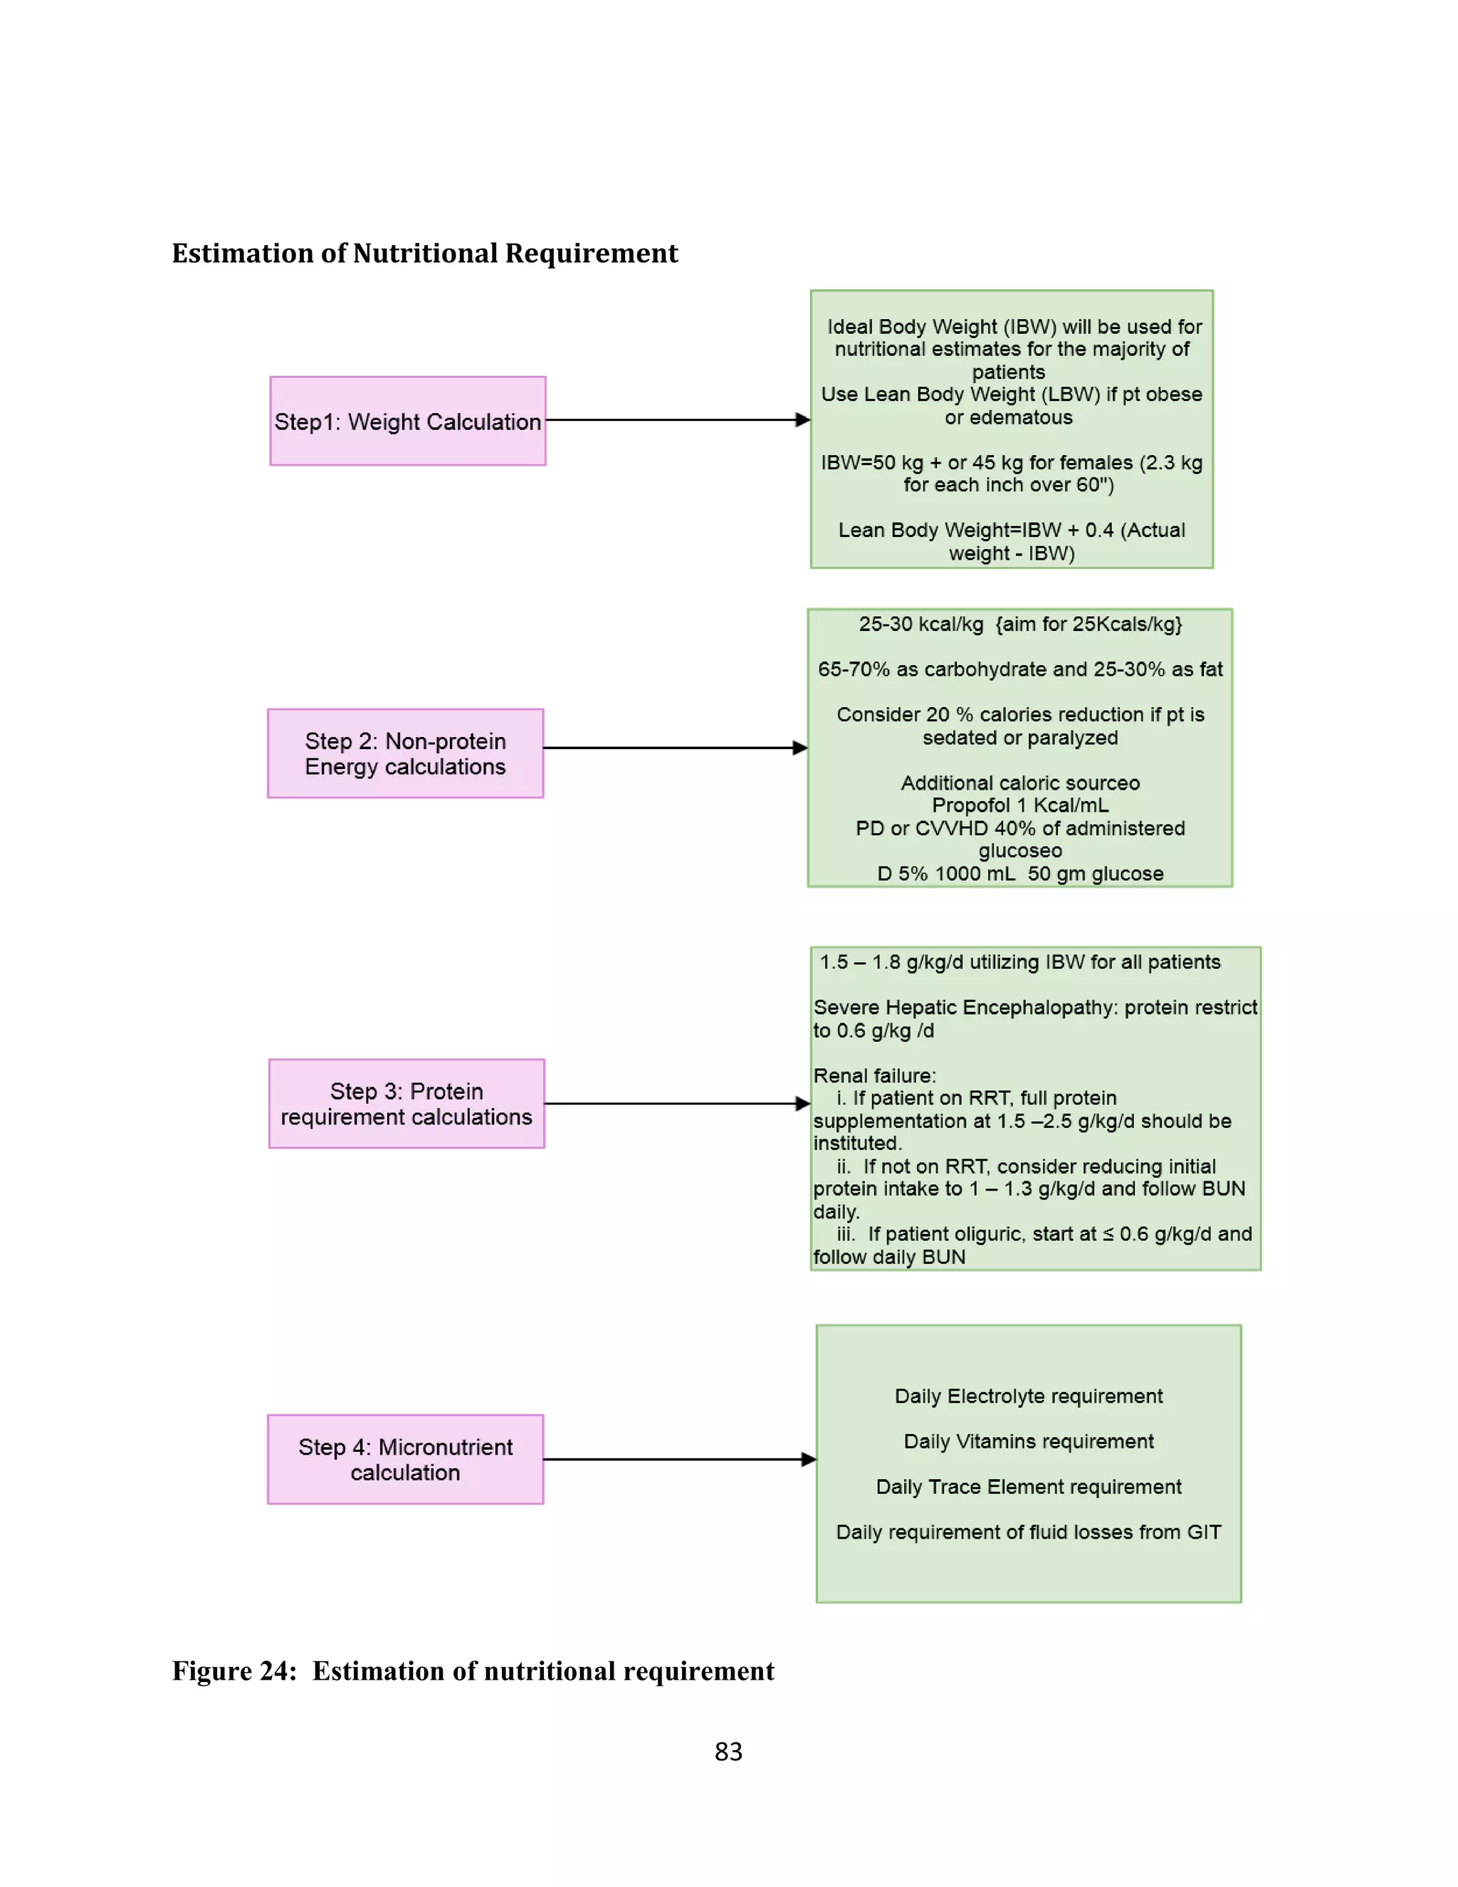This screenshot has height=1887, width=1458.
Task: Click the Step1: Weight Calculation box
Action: (x=408, y=421)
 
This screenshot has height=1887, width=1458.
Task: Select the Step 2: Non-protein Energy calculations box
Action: (x=405, y=753)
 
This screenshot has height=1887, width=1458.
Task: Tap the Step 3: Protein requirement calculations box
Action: (x=406, y=1103)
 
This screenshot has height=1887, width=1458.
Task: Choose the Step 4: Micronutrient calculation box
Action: (x=405, y=1459)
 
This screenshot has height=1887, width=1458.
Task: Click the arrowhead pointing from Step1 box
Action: (x=802, y=420)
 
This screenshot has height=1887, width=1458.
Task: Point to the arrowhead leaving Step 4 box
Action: (x=809, y=1459)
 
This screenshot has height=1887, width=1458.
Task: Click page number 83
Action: (x=728, y=1752)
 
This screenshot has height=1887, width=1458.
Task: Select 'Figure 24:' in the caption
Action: (x=234, y=1671)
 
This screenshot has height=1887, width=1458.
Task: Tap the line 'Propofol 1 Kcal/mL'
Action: (x=1020, y=805)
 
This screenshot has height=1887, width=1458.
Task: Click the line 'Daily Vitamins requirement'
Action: (x=1028, y=1441)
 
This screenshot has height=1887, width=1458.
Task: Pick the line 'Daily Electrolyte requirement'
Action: (x=1028, y=1396)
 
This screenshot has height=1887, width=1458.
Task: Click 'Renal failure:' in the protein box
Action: (x=874, y=1076)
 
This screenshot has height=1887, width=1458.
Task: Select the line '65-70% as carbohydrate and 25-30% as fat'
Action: (x=1020, y=669)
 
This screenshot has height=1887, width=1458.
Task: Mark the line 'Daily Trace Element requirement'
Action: (x=1028, y=1487)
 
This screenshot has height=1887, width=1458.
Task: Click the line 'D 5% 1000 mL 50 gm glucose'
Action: (x=1020, y=874)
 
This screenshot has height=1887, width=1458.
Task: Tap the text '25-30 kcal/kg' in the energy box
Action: (x=921, y=624)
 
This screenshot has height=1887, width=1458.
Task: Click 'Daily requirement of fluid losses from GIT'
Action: (x=1028, y=1532)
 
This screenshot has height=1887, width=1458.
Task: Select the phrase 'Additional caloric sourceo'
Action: (x=1020, y=783)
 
